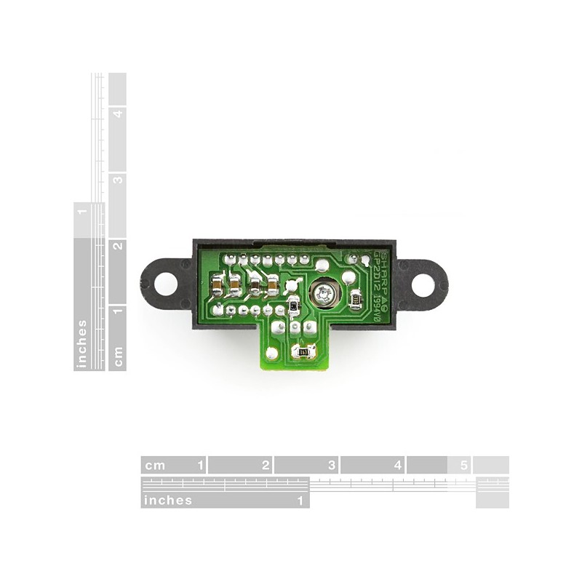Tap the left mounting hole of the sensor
166,283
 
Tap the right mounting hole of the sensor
423,284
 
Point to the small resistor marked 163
303,353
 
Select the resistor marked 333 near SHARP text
356,298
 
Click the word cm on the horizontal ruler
155,465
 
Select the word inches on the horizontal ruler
168,501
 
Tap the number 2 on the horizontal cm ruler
266,465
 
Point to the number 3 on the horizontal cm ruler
332,465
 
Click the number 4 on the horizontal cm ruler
398,465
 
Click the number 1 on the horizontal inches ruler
300,501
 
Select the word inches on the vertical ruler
82,344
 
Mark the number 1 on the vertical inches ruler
82,212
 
